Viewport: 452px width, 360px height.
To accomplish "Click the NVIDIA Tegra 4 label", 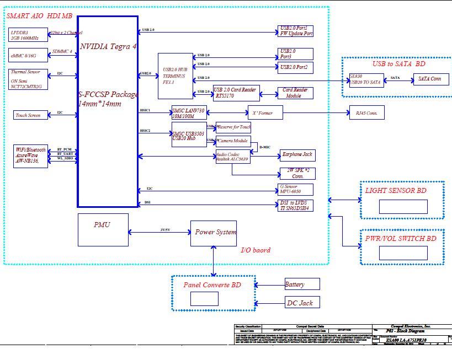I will (108, 47).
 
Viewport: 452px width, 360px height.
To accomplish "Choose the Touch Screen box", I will (28, 115).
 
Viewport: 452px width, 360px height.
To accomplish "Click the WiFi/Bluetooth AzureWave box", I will (31, 157).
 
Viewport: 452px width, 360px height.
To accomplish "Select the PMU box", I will (103, 229).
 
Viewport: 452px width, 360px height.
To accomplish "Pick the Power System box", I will (214, 233).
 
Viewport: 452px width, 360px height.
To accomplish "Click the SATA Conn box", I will (430, 79).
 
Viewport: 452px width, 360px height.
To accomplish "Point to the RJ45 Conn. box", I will (366, 113).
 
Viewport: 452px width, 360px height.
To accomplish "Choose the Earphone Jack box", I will (297, 155).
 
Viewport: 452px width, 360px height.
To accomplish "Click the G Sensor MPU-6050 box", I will (296, 190).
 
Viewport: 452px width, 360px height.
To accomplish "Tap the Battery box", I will (301, 284).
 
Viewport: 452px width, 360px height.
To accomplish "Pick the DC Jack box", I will (302, 303).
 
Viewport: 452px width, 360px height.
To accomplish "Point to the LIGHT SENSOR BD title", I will (396, 191).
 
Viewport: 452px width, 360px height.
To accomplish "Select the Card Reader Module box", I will (295, 93).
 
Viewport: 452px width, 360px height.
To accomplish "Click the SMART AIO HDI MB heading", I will (39, 17).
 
